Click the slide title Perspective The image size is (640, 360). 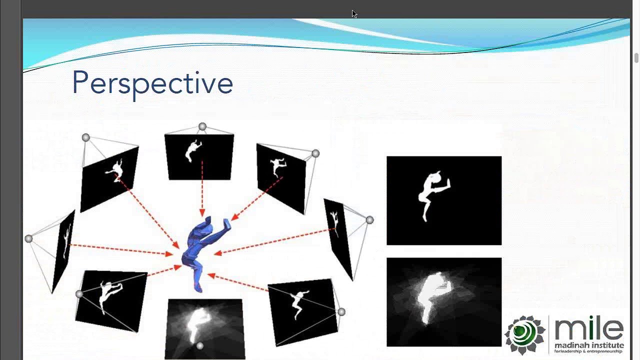[x=152, y=83]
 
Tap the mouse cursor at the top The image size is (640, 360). [x=354, y=13]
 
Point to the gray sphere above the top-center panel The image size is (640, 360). [x=202, y=127]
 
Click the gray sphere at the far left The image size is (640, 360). [x=28, y=239]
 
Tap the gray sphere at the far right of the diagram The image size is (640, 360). [x=369, y=220]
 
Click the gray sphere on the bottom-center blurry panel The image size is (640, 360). [x=200, y=345]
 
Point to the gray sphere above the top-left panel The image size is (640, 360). [x=86, y=137]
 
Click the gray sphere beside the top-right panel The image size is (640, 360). [x=315, y=153]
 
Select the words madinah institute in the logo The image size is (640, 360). [x=589, y=345]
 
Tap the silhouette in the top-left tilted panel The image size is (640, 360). [x=115, y=170]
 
